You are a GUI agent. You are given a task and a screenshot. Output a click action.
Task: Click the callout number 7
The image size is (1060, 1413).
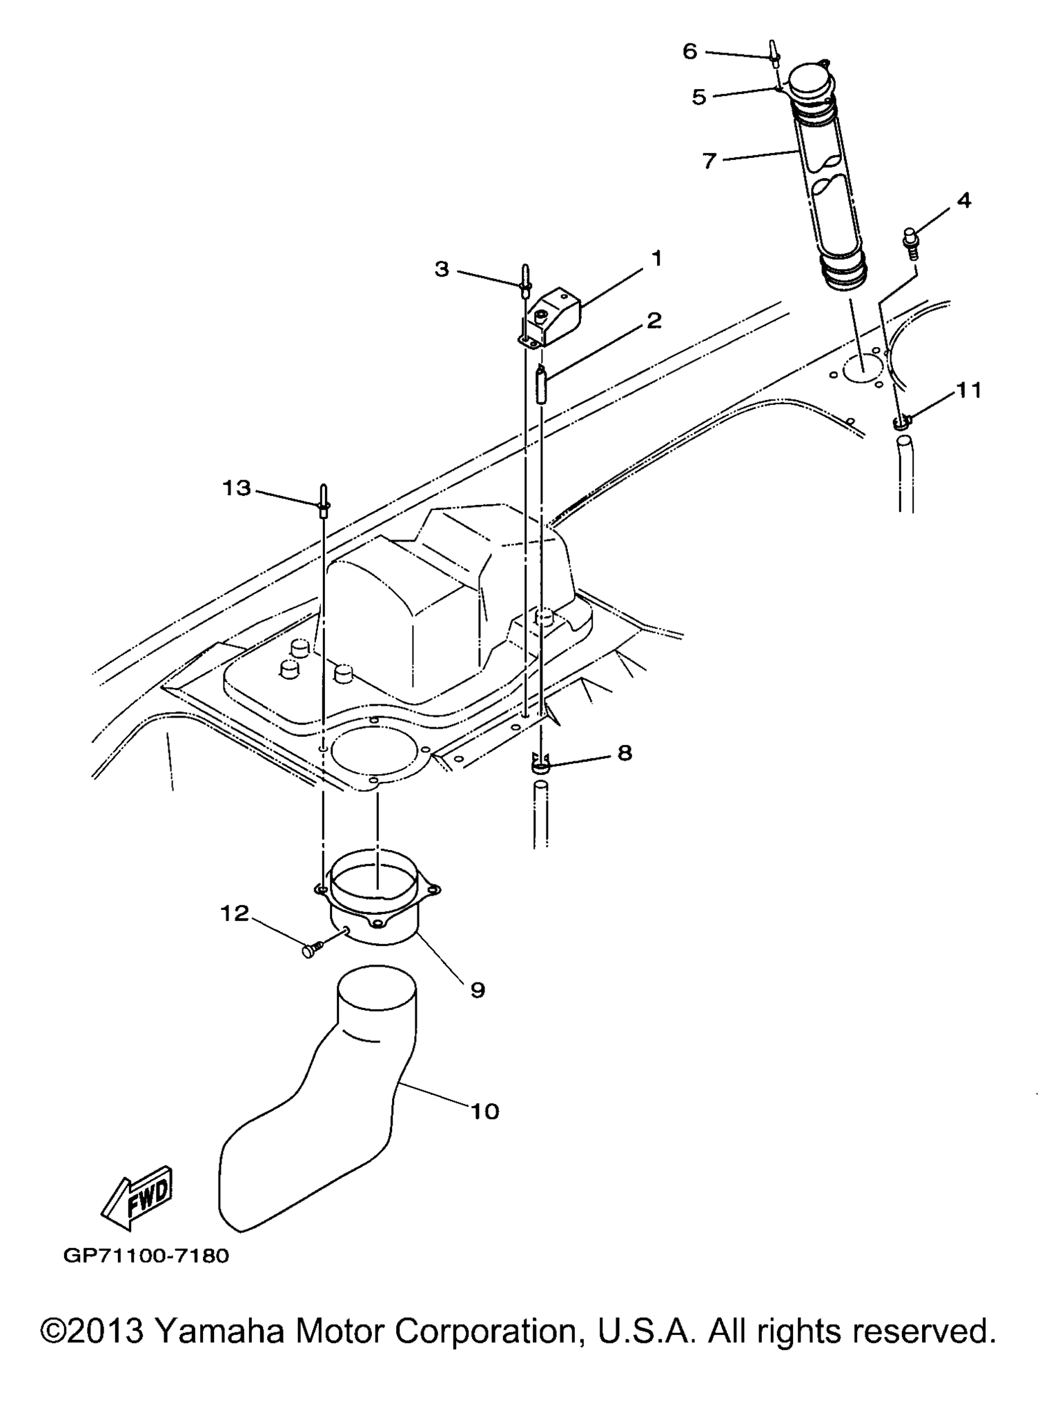click(710, 160)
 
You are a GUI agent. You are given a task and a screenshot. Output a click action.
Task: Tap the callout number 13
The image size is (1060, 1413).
click(236, 488)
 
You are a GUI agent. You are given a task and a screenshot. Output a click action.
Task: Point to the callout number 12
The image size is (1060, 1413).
click(235, 913)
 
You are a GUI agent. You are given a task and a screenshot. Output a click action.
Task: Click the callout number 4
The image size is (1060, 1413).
click(964, 201)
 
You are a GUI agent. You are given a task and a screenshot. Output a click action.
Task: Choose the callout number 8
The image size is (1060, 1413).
click(625, 753)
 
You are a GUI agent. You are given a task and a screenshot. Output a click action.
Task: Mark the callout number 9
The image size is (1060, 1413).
click(478, 990)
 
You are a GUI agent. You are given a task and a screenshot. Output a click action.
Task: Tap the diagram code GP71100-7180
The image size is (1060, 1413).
click(146, 1255)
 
